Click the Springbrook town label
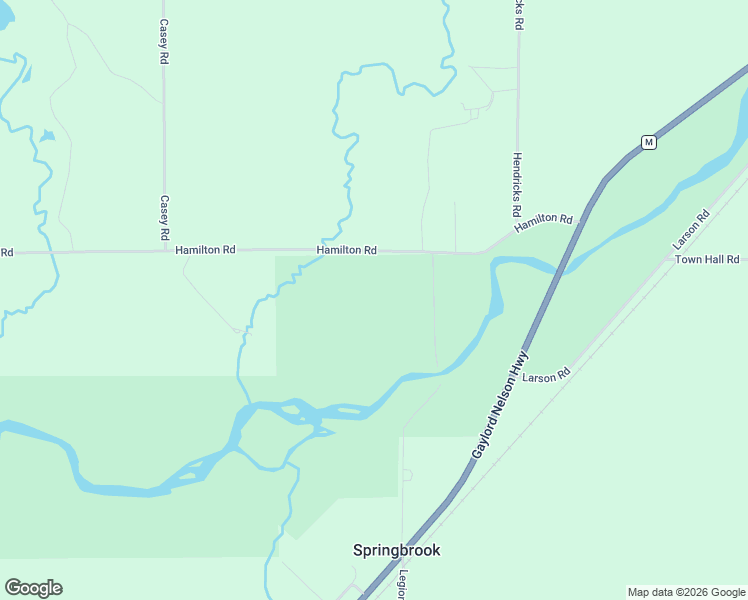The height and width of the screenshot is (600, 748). [x=396, y=550]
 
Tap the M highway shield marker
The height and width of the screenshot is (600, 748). [x=649, y=142]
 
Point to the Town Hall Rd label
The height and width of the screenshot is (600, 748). [x=707, y=259]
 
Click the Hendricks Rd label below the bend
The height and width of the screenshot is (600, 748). [x=517, y=185]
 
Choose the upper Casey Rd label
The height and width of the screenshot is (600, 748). [x=164, y=40]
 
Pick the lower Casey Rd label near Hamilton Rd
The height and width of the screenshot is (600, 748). [x=164, y=218]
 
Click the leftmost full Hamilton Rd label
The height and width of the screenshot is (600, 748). [x=205, y=250]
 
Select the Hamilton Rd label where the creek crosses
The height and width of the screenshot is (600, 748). [x=346, y=250]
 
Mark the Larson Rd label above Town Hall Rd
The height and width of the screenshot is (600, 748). [x=691, y=229]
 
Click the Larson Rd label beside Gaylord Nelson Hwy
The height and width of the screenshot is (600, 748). [x=545, y=376]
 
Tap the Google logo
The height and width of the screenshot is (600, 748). [x=33, y=588]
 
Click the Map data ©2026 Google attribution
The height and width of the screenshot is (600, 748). [x=687, y=592]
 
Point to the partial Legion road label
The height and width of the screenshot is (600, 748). [x=401, y=584]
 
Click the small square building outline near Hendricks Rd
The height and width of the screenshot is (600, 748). [x=474, y=113]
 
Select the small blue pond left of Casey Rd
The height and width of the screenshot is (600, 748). [x=46, y=136]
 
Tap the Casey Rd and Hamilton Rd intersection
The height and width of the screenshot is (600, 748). [x=164, y=250]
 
